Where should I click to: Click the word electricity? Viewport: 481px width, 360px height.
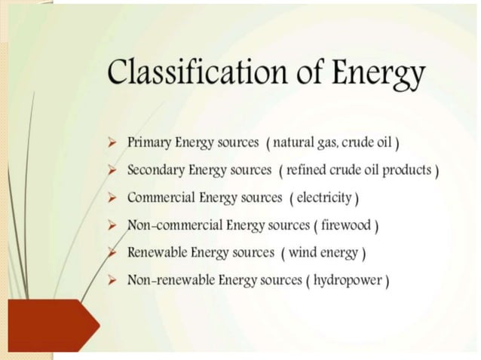point(324,198)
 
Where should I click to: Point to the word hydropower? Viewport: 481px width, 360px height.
point(354,281)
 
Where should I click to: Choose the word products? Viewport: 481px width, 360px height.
point(407,171)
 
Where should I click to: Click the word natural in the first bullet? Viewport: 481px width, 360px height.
point(294,142)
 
